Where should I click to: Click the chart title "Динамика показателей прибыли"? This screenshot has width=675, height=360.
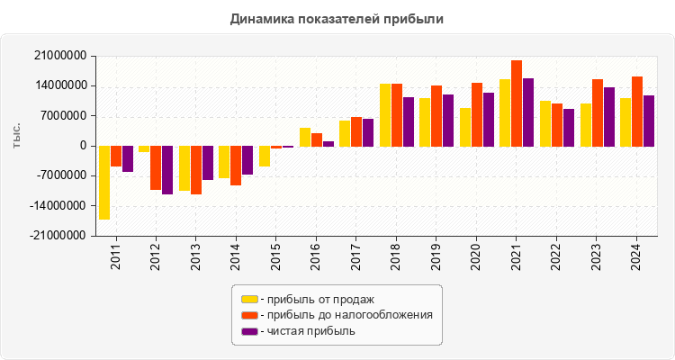337,18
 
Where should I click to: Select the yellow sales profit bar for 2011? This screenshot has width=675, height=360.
104,182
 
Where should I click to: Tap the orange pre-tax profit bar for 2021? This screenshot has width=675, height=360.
517,103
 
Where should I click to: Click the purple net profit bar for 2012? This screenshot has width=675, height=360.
167,169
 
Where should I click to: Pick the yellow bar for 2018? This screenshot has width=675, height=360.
385,114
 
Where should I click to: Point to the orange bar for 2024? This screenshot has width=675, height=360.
637,111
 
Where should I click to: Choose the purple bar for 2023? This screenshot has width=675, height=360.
608,116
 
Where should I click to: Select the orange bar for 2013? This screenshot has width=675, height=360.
196,169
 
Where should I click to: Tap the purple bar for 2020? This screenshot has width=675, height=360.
489,119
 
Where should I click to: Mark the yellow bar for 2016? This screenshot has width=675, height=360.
305,137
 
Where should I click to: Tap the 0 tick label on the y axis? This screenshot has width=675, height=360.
83,146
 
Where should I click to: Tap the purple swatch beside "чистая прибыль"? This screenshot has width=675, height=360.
249,331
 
